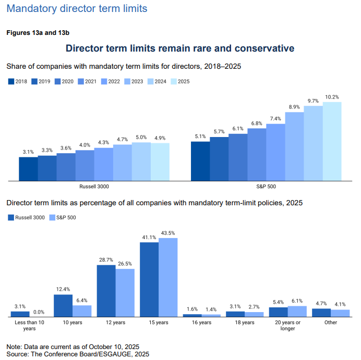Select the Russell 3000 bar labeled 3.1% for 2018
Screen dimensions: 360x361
(x=28, y=169)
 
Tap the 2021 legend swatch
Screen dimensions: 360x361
(x=80, y=81)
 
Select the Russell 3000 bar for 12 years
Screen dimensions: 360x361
(x=106, y=291)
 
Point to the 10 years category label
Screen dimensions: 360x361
(x=73, y=322)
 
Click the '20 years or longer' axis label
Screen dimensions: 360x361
(x=287, y=326)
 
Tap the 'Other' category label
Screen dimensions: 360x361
(x=331, y=322)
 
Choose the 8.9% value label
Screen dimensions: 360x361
(x=294, y=107)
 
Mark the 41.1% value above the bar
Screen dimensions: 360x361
(x=149, y=237)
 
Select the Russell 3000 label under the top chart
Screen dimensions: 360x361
(x=94, y=186)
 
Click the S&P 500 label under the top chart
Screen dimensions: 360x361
(x=266, y=186)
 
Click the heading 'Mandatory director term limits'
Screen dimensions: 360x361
(x=77, y=9)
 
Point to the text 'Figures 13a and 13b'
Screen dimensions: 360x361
(x=38, y=32)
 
